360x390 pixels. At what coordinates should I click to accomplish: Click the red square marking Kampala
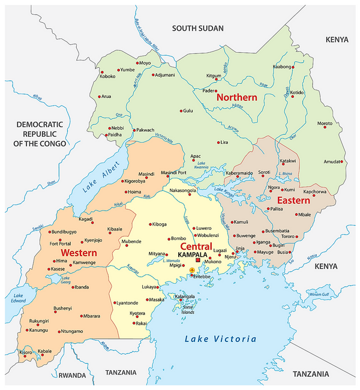(197, 260)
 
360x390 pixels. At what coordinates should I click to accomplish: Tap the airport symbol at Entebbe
(192, 271)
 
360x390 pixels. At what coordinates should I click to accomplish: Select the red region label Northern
(236, 97)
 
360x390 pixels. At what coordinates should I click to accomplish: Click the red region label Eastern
(293, 200)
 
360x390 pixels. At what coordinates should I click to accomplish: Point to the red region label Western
(79, 253)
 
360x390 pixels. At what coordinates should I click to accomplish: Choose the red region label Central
(196, 247)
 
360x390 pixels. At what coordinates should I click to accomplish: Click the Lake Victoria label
(220, 339)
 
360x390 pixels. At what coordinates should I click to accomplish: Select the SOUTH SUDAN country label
(197, 28)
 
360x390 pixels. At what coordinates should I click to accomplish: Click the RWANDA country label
(73, 375)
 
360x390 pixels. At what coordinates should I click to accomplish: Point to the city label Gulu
(188, 111)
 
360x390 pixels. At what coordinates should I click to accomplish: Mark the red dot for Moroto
(337, 124)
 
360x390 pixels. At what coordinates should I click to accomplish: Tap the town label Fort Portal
(61, 244)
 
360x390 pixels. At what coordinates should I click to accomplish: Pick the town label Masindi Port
(173, 173)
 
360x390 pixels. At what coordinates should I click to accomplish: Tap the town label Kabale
(45, 351)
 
